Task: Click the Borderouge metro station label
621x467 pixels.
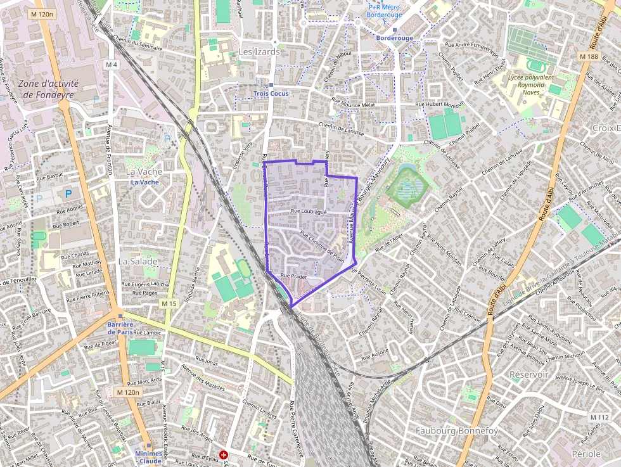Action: click(x=394, y=38)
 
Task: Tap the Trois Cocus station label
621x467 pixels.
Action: click(x=271, y=94)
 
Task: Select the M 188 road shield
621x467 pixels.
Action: click(x=589, y=56)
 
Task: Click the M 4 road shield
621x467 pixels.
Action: click(x=112, y=65)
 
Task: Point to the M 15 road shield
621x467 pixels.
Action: click(x=169, y=304)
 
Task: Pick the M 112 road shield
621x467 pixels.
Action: click(x=599, y=417)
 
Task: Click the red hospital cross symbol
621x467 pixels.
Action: click(x=223, y=455)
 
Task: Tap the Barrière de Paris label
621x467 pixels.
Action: click(x=120, y=328)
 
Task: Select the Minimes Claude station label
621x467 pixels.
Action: click(x=148, y=457)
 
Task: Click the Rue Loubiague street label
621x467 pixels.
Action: click(x=309, y=212)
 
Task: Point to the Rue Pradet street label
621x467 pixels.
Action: click(x=293, y=276)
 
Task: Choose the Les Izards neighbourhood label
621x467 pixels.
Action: click(x=259, y=52)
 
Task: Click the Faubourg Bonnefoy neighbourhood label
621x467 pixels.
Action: click(x=456, y=431)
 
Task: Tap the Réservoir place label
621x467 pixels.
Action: click(x=528, y=374)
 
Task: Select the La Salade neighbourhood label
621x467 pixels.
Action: click(x=138, y=260)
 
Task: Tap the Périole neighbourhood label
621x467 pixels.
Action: click(x=586, y=454)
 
